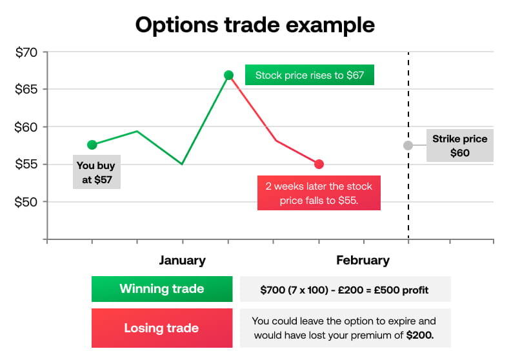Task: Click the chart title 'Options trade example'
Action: [x=255, y=25]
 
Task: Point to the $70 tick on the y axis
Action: [x=26, y=52]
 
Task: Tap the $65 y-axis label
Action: [x=26, y=89]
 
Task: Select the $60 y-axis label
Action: [x=26, y=126]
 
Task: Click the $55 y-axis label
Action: [x=26, y=164]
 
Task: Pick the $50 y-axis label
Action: [x=26, y=201]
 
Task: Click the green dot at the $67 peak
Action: [x=228, y=75]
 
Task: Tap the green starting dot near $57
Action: [x=92, y=145]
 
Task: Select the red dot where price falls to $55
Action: [x=319, y=165]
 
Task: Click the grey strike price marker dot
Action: [x=408, y=145]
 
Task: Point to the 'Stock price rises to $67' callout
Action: [x=310, y=75]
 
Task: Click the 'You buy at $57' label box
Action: [x=97, y=172]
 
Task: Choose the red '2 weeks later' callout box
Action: [x=319, y=193]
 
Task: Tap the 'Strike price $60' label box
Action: [x=459, y=146]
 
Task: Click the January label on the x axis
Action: [x=183, y=261]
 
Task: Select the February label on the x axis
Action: [x=363, y=261]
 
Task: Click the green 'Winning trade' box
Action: [x=162, y=289]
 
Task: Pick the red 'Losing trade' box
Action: [x=162, y=328]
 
